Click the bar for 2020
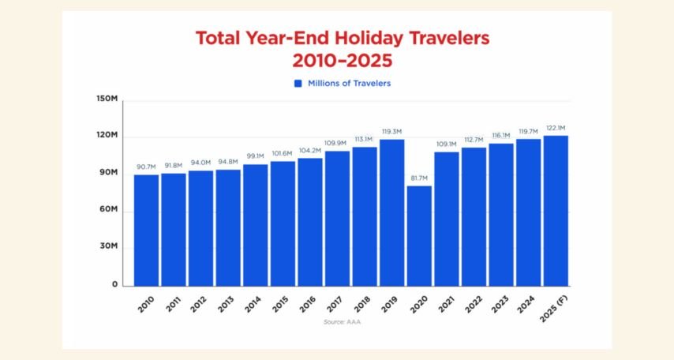419,235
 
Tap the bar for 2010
146,230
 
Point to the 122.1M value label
556,128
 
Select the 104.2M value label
310,151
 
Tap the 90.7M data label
146,167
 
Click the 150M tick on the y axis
107,99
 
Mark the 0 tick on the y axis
114,284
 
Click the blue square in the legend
298,83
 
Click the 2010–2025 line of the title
342,60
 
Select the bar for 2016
310,222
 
